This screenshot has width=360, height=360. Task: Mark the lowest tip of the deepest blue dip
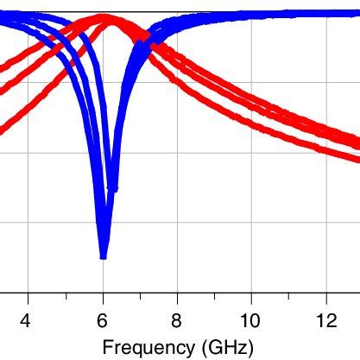click(104, 257)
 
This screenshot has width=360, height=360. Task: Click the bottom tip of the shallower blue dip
click(113, 189)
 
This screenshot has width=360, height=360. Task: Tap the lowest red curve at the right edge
click(357, 159)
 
